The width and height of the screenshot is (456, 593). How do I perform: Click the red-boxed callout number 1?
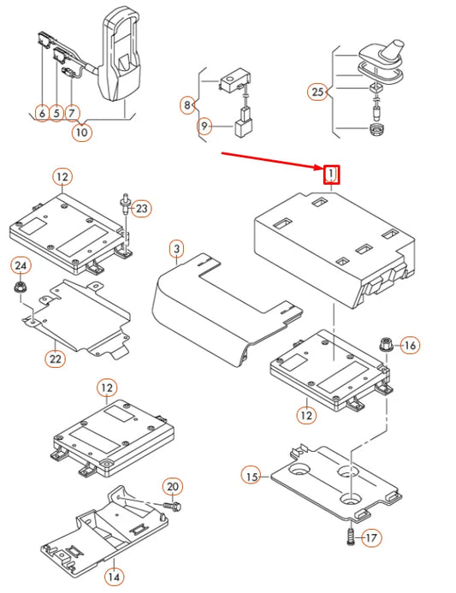[x=332, y=175]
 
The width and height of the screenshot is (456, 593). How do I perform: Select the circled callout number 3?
[x=176, y=249]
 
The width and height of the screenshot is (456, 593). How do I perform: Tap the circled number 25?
[x=317, y=92]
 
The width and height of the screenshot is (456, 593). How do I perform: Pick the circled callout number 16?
[x=410, y=345]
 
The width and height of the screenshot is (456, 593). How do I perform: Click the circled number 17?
[x=371, y=537]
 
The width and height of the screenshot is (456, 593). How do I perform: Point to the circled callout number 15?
[x=252, y=477]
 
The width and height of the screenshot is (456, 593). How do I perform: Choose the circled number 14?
[x=114, y=577]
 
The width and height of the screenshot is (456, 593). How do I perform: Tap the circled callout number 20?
[x=173, y=487]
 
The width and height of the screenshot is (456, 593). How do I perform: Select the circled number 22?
[x=56, y=359]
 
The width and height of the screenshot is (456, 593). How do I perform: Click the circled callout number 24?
[x=21, y=266]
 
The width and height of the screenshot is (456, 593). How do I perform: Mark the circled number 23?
[x=141, y=209]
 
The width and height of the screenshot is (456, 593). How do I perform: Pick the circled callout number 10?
[x=81, y=133]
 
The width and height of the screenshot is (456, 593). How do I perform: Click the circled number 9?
[x=204, y=126]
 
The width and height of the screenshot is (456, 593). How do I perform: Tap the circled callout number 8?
[x=187, y=104]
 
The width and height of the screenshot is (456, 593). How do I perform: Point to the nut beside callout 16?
[x=386, y=345]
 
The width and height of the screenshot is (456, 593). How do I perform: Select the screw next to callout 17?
[x=351, y=537]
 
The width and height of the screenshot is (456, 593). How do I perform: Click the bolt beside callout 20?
[x=172, y=505]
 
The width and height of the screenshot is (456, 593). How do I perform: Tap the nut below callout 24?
[x=17, y=287]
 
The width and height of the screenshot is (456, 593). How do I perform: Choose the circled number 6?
[x=42, y=113]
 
